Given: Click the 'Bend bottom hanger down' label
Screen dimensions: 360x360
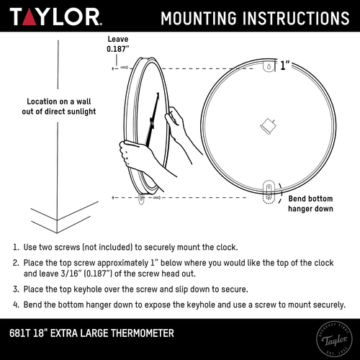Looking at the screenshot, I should (310, 204).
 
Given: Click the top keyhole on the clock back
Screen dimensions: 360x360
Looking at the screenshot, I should (267, 67).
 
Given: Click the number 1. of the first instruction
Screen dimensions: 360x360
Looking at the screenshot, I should (15, 247).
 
